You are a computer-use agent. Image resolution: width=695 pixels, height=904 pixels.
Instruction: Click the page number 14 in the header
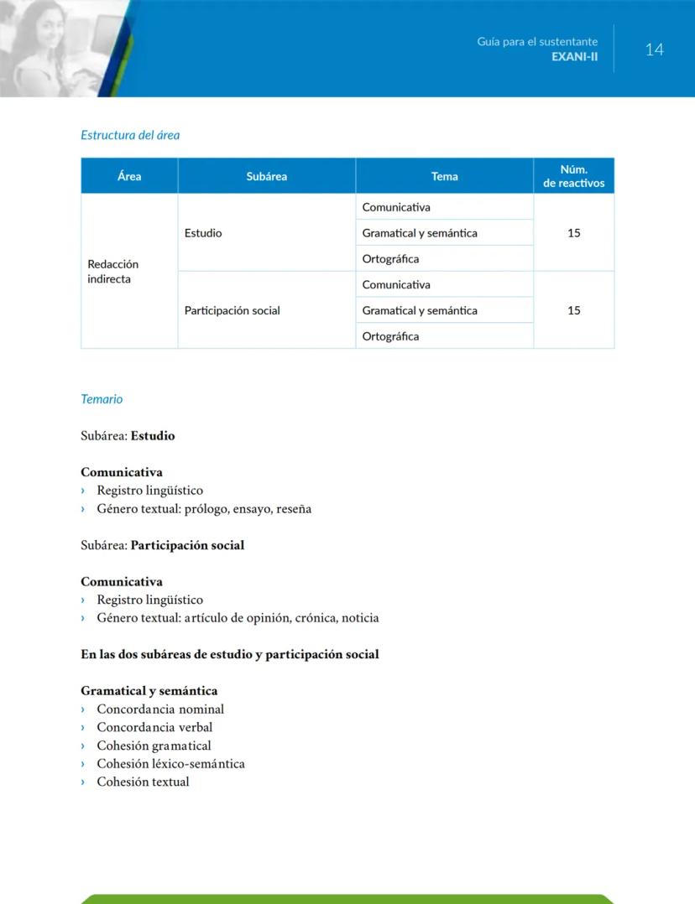pos(654,49)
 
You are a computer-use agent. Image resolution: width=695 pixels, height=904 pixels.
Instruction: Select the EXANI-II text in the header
pos(574,56)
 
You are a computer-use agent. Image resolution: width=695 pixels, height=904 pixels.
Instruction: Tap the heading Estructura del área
pos(130,134)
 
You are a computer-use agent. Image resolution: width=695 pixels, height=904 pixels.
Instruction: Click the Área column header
pos(129,176)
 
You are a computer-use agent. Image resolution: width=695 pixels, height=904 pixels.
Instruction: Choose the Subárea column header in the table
pos(266,176)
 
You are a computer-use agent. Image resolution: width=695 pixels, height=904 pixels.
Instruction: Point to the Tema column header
pos(444,176)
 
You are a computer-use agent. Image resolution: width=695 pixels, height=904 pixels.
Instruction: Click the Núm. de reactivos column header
pos(573,176)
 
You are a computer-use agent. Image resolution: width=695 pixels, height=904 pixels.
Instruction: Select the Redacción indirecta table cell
pos(112,271)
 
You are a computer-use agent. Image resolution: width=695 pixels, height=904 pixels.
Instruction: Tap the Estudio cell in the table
pos(203,233)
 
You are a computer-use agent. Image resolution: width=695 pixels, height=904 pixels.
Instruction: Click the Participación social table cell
pos(232,310)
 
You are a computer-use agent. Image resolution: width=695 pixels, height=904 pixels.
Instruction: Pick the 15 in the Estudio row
pos(573,233)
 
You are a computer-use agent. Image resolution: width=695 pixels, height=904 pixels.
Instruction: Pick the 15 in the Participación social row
pos(573,310)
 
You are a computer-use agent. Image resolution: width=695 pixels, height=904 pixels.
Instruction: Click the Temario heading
pos(102,399)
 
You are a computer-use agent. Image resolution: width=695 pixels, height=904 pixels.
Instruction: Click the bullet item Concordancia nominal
pos(159,709)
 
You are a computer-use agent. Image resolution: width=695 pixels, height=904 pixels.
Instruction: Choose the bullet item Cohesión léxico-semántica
pos(170,764)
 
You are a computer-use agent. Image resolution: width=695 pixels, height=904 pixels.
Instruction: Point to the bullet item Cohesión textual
pos(143,782)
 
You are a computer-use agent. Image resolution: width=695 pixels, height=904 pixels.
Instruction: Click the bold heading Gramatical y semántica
pos(149,691)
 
